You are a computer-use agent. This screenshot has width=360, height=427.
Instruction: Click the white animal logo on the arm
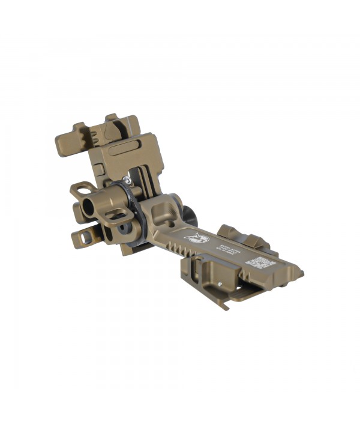197,238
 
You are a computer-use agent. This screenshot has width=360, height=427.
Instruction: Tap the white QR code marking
262,262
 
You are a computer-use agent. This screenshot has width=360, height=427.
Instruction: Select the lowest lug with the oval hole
83,238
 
